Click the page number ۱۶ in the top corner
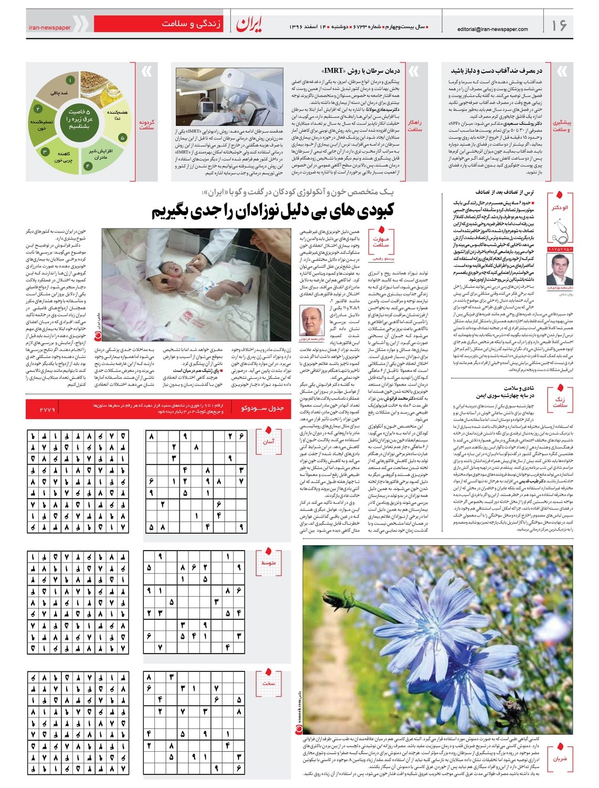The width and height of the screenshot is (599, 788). pos(559,25)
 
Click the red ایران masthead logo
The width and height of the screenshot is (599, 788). pos(249,24)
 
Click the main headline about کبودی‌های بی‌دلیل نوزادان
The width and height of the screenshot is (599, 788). pos(273,211)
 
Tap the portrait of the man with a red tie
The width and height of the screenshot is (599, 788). pos(560,270)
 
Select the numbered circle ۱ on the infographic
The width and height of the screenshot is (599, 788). pos(70,80)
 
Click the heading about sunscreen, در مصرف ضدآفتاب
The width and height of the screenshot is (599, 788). pos(497,70)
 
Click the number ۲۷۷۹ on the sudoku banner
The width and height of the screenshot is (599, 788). pos(47,409)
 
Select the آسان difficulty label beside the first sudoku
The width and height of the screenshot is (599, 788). pos(269,441)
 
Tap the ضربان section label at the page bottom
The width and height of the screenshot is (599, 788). pos(560,758)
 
